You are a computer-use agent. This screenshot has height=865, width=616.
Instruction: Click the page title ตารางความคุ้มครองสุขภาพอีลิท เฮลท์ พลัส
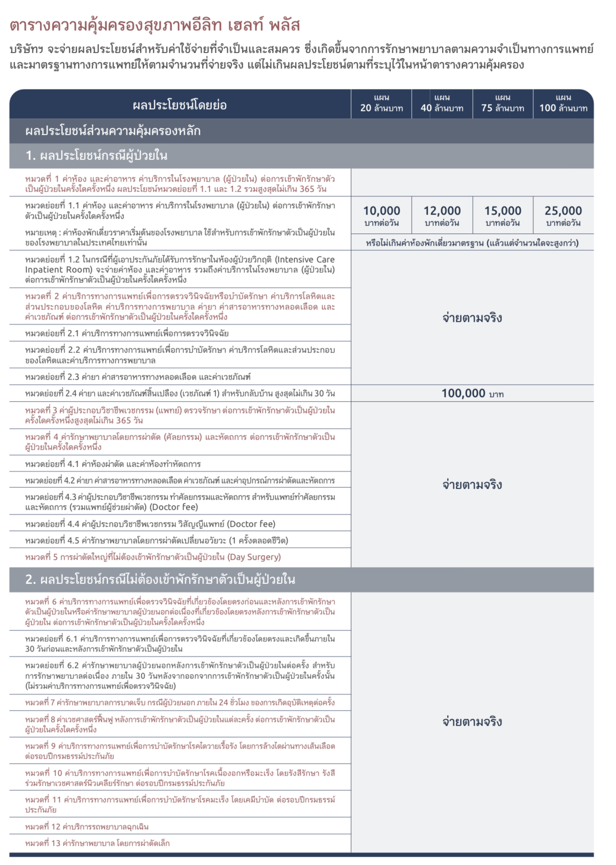click(154, 25)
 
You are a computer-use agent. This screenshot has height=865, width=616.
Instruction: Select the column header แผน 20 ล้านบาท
click(381, 104)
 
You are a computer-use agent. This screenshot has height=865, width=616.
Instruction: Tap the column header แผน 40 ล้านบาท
click(442, 104)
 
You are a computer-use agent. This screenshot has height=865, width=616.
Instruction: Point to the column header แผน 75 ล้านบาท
click(503, 104)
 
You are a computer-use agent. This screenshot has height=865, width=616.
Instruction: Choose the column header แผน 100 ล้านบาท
click(563, 104)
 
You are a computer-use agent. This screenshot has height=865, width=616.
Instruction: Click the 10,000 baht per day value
click(381, 215)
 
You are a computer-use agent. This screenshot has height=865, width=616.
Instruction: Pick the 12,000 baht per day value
click(442, 215)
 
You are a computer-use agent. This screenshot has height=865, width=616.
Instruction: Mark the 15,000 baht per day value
click(503, 215)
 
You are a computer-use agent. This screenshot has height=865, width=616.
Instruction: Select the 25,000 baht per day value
click(563, 215)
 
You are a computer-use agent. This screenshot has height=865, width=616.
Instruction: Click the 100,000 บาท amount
click(472, 393)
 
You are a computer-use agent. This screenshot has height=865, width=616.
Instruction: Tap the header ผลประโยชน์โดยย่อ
click(179, 105)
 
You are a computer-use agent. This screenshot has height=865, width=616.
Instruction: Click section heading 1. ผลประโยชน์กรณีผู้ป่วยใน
click(96, 156)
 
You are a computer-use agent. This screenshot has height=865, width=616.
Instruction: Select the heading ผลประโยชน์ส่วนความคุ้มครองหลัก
click(113, 131)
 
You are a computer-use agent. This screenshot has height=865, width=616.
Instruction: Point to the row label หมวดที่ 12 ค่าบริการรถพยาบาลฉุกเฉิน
click(87, 826)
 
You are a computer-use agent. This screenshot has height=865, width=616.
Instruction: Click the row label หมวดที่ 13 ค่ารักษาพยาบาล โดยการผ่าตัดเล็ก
click(97, 843)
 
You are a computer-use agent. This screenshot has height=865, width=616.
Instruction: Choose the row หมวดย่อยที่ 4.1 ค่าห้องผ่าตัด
click(113, 464)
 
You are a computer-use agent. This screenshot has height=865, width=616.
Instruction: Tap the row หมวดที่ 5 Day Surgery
click(153, 557)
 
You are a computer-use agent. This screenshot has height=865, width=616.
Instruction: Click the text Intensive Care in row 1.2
click(305, 259)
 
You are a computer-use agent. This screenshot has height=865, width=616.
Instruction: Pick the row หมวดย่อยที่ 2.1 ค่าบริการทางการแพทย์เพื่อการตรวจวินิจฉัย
click(127, 333)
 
